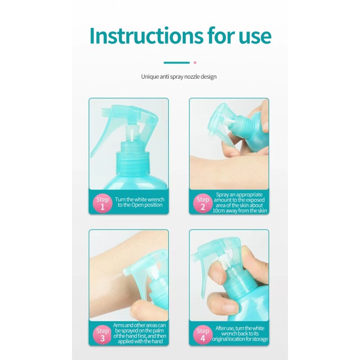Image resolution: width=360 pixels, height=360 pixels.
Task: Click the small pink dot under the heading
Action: tap(195, 63)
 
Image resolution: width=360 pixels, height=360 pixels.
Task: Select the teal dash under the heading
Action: tap(176, 63)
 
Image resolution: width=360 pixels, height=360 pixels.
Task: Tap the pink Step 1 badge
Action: tap(103, 203)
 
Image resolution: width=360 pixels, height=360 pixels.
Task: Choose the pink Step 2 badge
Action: tap(203, 203)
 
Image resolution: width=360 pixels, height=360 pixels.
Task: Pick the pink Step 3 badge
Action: tap(103, 334)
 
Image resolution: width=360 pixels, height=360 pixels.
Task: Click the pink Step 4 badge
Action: tap(203, 334)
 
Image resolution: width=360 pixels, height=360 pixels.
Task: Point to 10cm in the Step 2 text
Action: tap(218, 211)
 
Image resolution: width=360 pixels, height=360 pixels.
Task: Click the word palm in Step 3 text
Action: tap(158, 331)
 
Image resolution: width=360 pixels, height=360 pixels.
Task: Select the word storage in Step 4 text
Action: tap(260, 339)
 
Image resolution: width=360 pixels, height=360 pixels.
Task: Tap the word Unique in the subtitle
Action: tap(150, 76)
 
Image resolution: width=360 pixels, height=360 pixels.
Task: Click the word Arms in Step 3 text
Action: tap(119, 325)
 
